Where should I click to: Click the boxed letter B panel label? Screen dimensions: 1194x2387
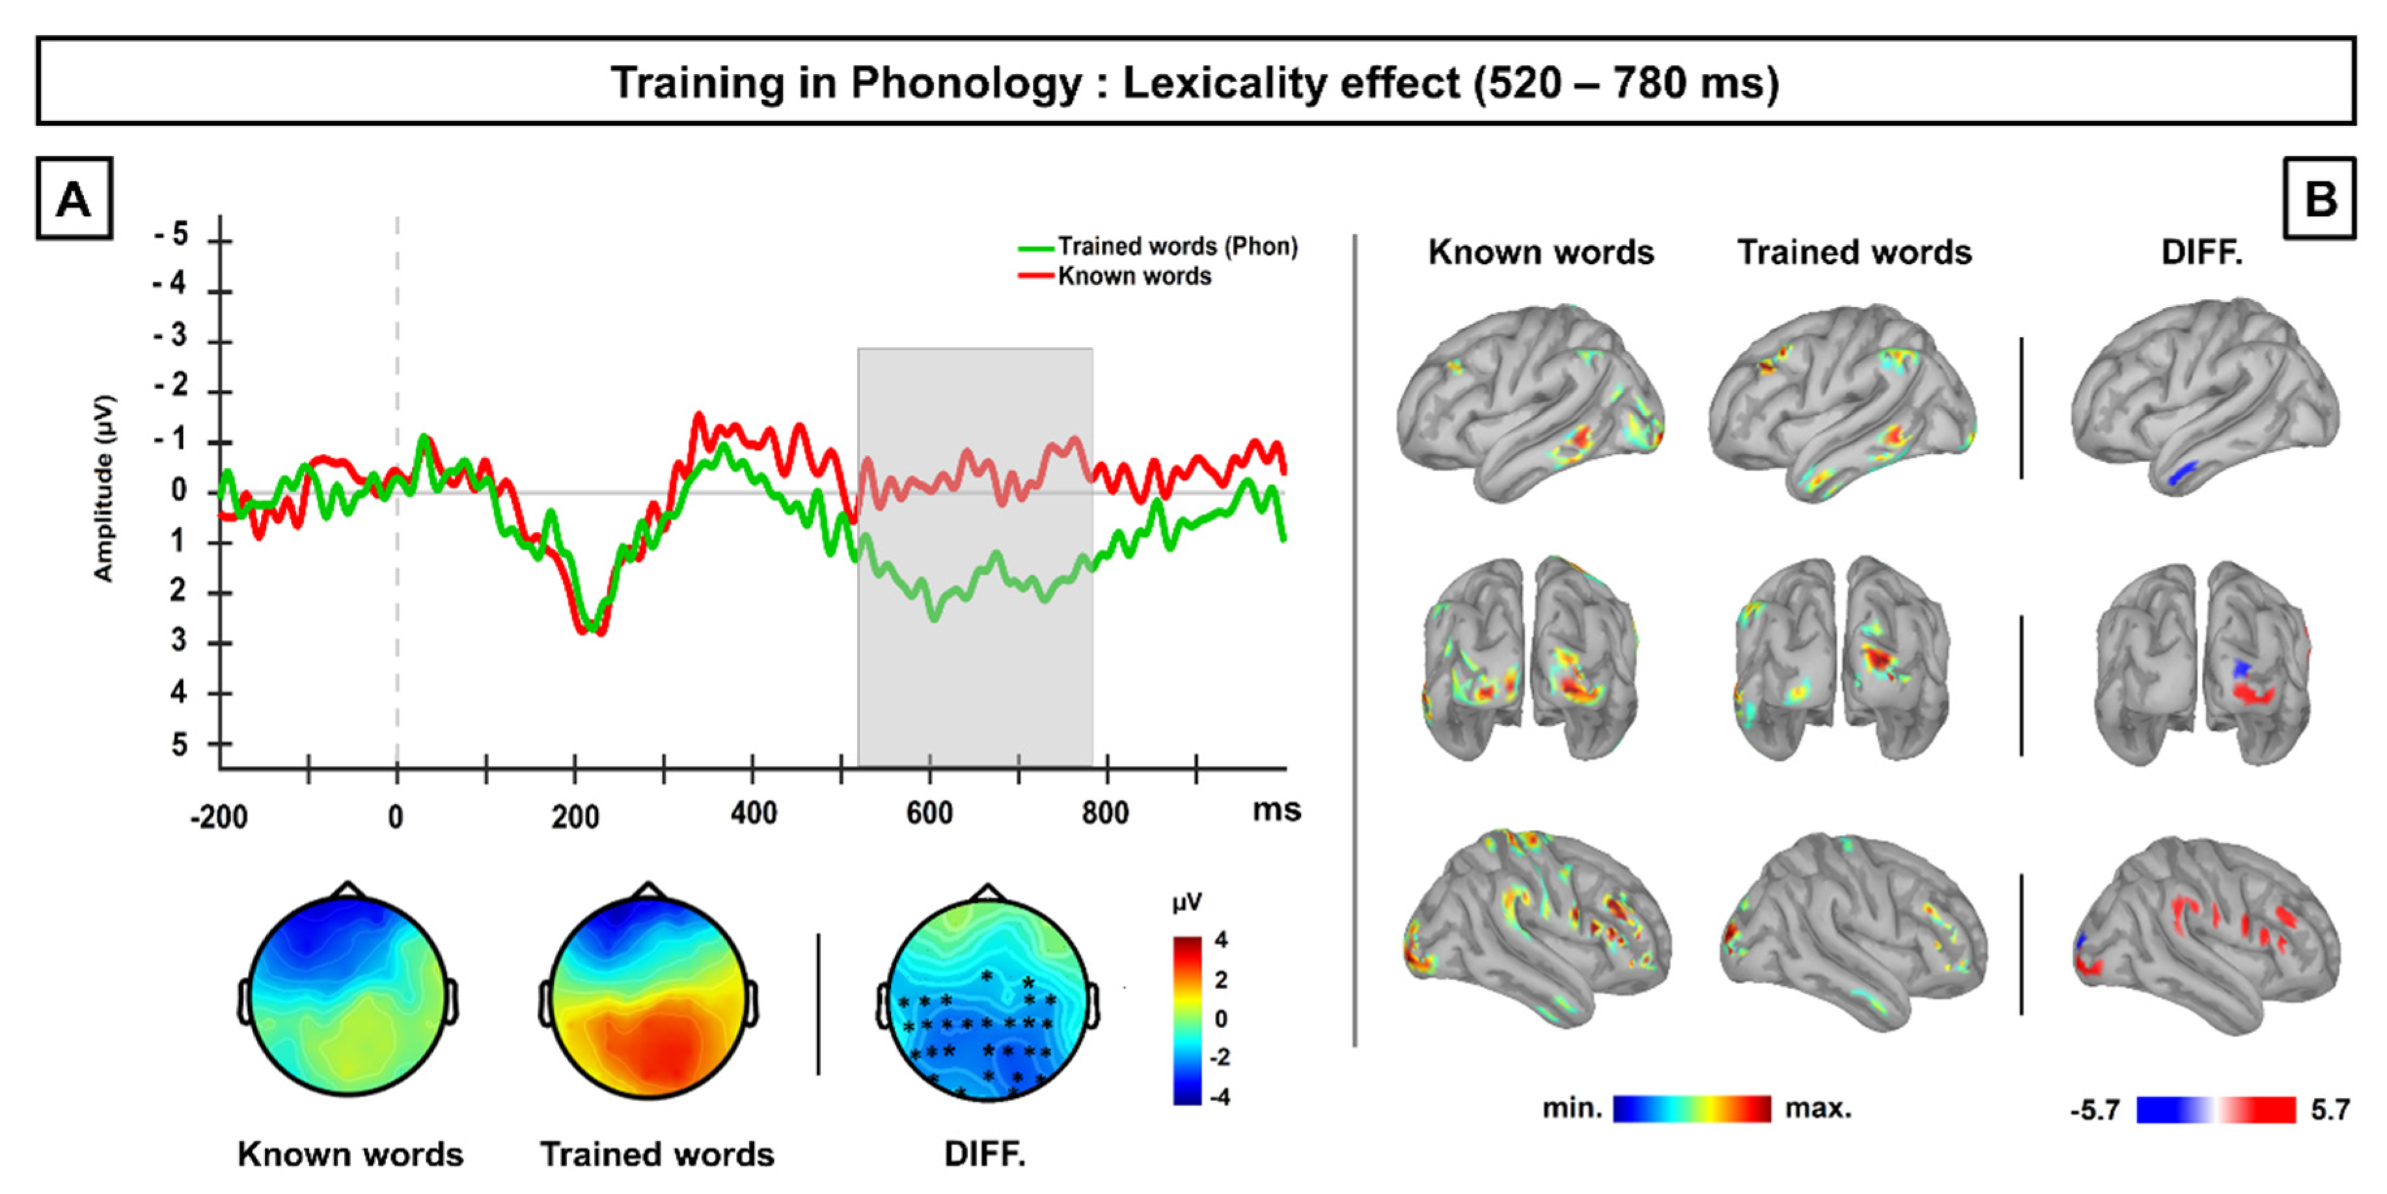2319,199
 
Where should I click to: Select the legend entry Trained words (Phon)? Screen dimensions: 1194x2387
1177,246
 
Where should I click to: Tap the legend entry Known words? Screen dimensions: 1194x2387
1134,276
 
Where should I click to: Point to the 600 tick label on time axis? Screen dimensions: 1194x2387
929,814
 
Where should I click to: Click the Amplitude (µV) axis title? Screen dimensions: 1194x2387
103,488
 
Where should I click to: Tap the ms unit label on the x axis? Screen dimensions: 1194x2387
1276,810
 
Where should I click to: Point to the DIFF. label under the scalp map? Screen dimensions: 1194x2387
984,1154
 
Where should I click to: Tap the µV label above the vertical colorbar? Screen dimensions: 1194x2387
1187,901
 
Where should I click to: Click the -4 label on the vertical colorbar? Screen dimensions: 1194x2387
1220,1096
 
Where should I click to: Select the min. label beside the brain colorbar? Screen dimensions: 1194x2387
1572,1108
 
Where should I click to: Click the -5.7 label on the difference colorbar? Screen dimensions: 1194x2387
2095,1109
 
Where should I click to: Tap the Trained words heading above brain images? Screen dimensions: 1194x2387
1853,252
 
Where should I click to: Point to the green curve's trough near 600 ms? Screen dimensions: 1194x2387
934,613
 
